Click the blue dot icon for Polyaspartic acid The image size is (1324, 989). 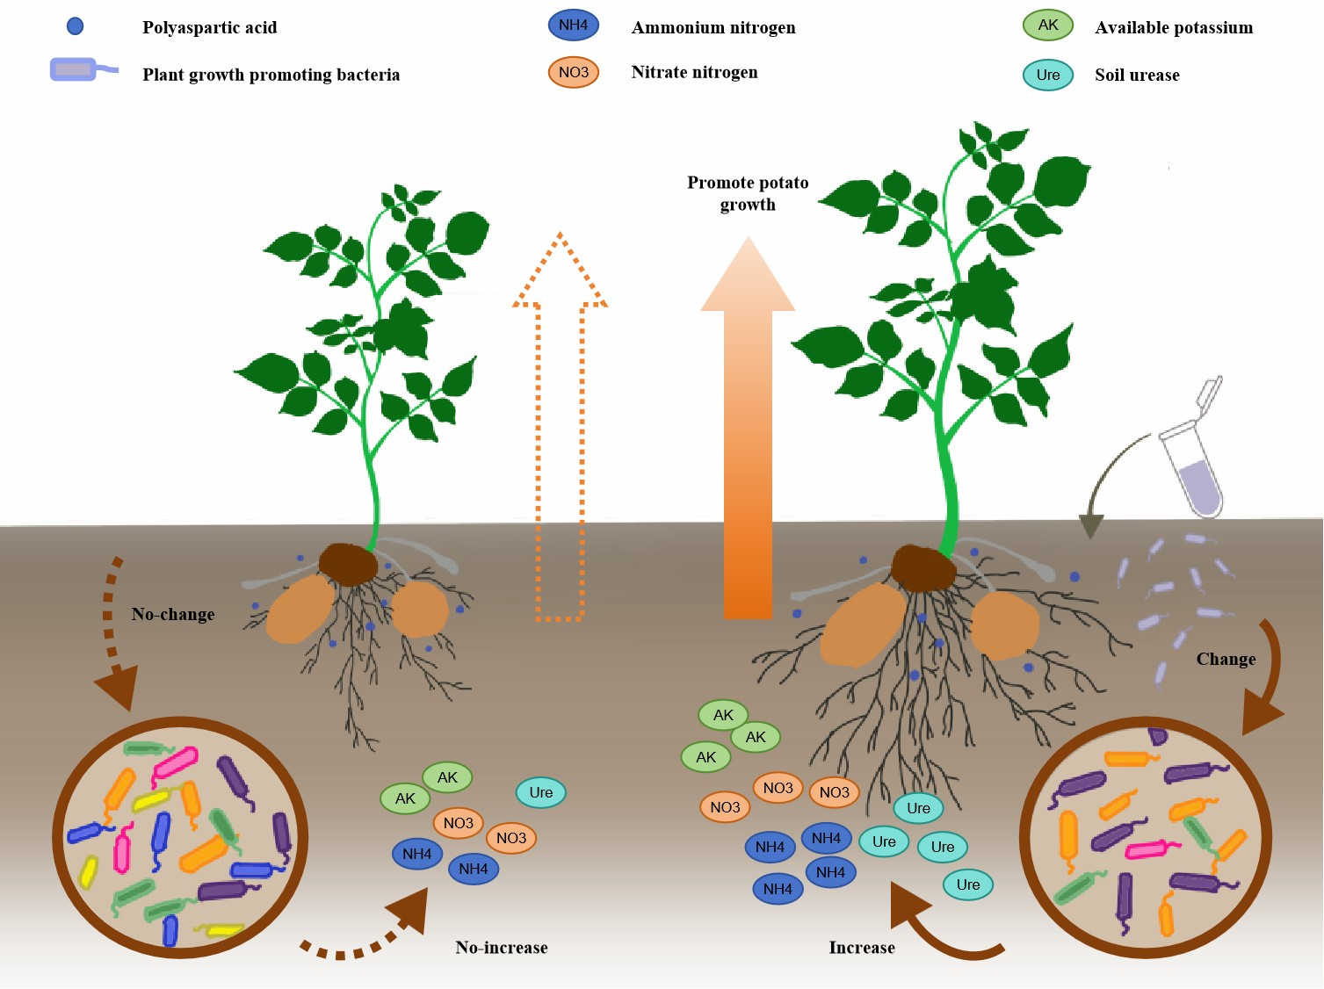click(x=76, y=26)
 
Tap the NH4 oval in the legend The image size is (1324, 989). click(x=573, y=25)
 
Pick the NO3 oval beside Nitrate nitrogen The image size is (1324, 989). click(x=573, y=72)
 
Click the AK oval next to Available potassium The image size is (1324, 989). click(x=1047, y=25)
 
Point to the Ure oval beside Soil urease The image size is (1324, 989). click(x=1047, y=75)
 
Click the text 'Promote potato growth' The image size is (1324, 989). click(x=748, y=193)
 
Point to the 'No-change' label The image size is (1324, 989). click(x=173, y=614)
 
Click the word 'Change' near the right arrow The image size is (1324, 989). click(x=1226, y=659)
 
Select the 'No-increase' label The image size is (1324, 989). click(x=501, y=948)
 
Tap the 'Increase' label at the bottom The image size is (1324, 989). click(x=861, y=948)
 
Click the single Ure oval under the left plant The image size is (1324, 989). click(x=540, y=792)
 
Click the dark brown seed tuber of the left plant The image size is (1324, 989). click(x=348, y=564)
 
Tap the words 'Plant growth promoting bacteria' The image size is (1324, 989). click(x=271, y=75)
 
